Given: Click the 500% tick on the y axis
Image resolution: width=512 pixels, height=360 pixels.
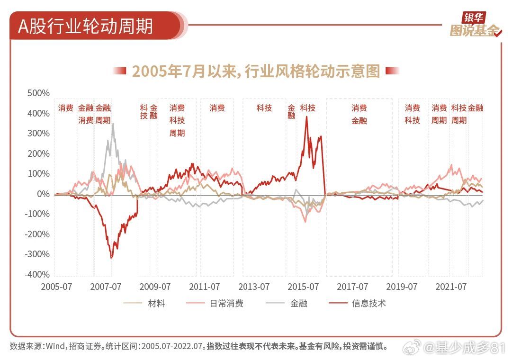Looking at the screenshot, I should tap(38, 93).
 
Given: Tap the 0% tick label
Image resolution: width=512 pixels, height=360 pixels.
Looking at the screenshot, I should tap(42, 194).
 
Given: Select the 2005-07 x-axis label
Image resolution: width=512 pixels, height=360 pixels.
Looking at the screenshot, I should tap(57, 287).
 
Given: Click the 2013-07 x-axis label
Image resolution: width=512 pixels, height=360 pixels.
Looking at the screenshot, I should tap(254, 287).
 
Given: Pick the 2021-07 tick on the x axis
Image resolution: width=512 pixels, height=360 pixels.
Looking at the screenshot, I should tap(451, 287).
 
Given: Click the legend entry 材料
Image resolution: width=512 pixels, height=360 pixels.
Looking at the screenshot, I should tap(156, 303).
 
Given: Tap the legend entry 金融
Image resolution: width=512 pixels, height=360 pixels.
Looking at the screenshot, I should tap(298, 303).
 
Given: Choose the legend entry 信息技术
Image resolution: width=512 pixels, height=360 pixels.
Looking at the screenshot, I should tap(368, 303).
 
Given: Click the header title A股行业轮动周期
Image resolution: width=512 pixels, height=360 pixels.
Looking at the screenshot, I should tap(85, 26).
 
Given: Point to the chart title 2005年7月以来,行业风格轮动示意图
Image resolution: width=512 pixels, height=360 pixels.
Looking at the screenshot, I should tap(256, 71).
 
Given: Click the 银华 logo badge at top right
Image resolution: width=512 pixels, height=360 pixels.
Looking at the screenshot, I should tap(474, 18).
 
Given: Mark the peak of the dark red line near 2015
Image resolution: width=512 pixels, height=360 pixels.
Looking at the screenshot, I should tap(306, 117).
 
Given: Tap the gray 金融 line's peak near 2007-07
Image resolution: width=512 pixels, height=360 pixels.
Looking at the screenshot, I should tap(113, 124).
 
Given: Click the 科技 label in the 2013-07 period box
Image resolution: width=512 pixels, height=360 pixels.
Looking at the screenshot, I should tap(264, 108).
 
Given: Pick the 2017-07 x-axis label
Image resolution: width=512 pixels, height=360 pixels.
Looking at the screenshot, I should tap(352, 287).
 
